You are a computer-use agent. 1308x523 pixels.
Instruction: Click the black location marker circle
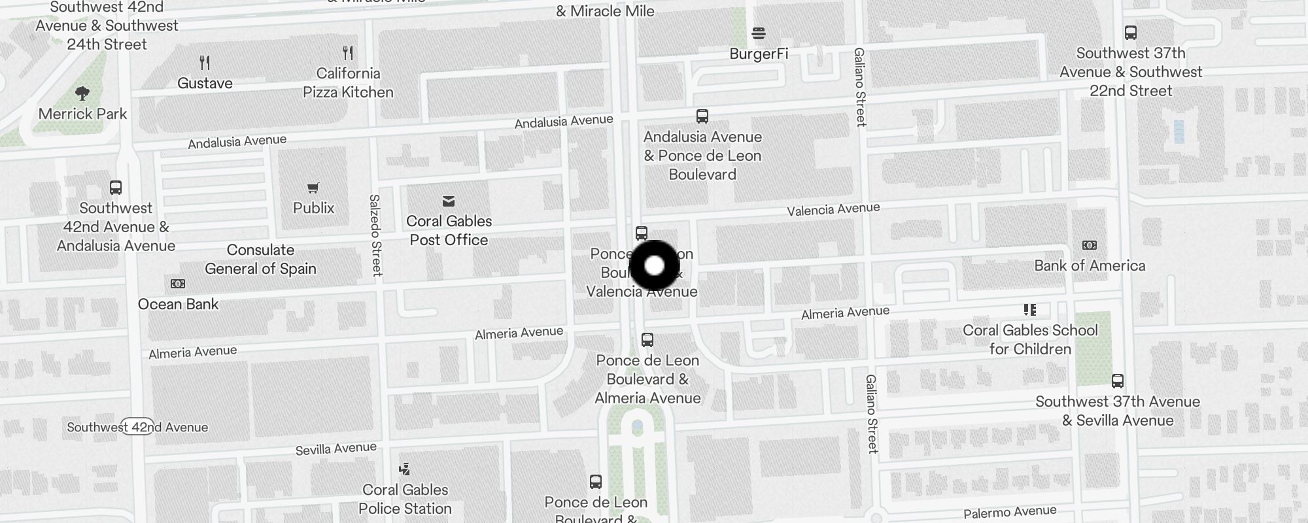click(655, 265)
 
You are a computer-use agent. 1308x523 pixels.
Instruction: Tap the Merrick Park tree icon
click(82, 93)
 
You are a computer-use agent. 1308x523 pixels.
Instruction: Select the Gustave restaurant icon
click(205, 63)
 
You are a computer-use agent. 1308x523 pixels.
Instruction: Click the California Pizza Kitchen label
click(348, 83)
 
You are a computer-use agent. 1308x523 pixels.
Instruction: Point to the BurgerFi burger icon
click(759, 33)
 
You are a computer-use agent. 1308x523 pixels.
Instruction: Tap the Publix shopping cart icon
click(313, 188)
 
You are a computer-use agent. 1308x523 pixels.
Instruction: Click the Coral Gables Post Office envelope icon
click(449, 201)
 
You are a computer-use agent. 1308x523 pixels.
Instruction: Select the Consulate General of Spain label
click(260, 260)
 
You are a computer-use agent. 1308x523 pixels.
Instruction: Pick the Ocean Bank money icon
click(178, 284)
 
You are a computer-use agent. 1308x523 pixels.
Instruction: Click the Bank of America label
click(1090, 266)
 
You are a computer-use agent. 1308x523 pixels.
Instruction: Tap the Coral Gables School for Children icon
click(1030, 310)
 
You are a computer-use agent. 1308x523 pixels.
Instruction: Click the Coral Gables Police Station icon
click(405, 469)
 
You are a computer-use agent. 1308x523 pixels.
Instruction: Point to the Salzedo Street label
click(376, 235)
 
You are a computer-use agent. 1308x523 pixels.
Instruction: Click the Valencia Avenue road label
click(833, 209)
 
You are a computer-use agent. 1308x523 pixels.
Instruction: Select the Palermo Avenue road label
click(1010, 512)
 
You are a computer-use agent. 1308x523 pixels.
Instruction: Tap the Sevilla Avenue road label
click(336, 448)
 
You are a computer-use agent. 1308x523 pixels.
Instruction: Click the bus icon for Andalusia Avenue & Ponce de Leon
click(702, 116)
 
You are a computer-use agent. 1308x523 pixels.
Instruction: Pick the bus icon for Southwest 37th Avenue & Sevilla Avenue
click(1118, 381)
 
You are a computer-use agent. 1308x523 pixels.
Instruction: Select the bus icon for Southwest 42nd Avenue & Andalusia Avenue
click(116, 188)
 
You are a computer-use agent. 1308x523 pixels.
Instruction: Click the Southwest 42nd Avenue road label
click(137, 428)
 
